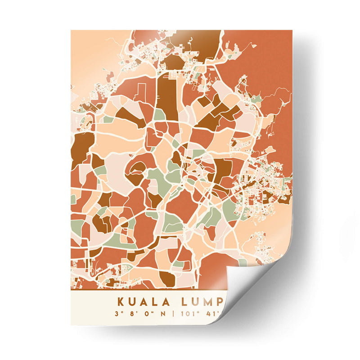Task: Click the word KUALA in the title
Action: point(143,301)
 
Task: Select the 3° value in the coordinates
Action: point(117,314)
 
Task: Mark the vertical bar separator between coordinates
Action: point(173,314)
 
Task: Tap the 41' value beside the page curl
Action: point(209,314)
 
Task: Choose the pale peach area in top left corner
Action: point(90,49)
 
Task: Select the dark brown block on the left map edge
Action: point(81,146)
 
